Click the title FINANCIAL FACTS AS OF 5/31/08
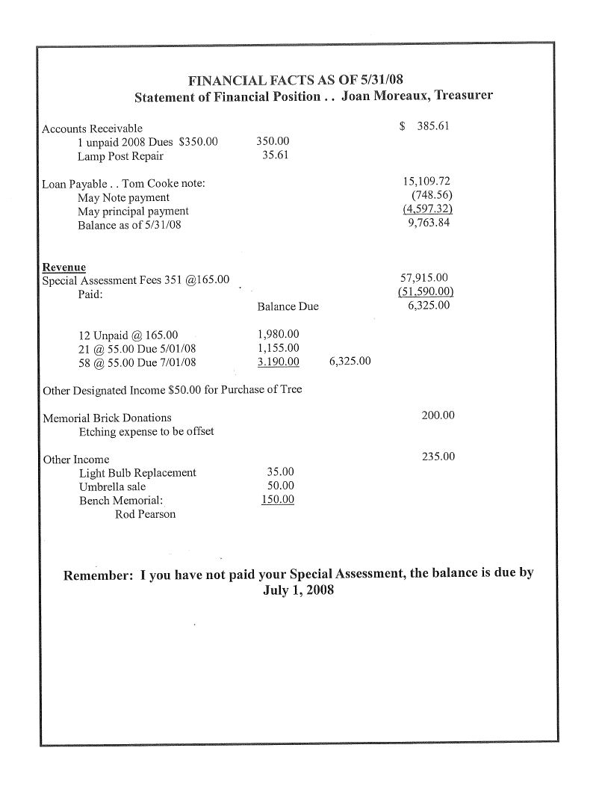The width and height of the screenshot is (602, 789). click(x=297, y=81)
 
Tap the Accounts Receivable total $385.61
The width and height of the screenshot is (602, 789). click(x=424, y=126)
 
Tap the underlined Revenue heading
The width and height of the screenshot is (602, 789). click(x=63, y=267)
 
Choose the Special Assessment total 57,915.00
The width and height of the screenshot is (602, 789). click(x=424, y=278)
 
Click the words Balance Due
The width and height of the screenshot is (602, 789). click(x=288, y=306)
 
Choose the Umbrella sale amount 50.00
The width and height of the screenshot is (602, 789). click(x=280, y=486)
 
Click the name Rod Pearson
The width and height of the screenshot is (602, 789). click(x=146, y=514)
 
